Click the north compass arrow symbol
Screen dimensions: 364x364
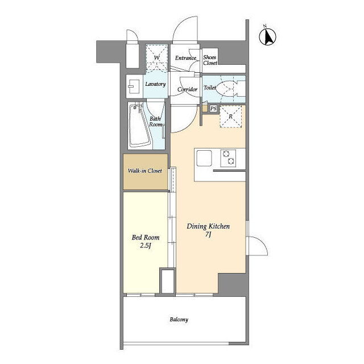(x=267, y=36)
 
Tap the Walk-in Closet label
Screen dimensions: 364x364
(x=145, y=171)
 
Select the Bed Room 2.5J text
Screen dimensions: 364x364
(x=146, y=241)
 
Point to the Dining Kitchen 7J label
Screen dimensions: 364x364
(x=208, y=230)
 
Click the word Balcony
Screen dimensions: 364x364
(x=179, y=320)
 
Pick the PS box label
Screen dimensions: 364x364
(x=213, y=109)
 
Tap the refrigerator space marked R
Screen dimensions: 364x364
(x=231, y=116)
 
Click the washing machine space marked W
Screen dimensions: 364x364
(x=157, y=58)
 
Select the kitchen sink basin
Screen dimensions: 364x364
(x=204, y=158)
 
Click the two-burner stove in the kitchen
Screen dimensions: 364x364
(x=228, y=158)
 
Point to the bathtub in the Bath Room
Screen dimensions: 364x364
(x=139, y=126)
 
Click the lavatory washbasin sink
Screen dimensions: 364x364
(x=134, y=86)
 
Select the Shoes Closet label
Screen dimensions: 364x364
(x=210, y=60)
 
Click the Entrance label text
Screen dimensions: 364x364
(x=186, y=58)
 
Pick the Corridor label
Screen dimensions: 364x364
(x=187, y=89)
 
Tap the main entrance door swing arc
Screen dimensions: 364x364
(x=181, y=24)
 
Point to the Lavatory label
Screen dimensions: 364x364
(x=155, y=84)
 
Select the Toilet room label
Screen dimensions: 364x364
(x=210, y=88)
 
